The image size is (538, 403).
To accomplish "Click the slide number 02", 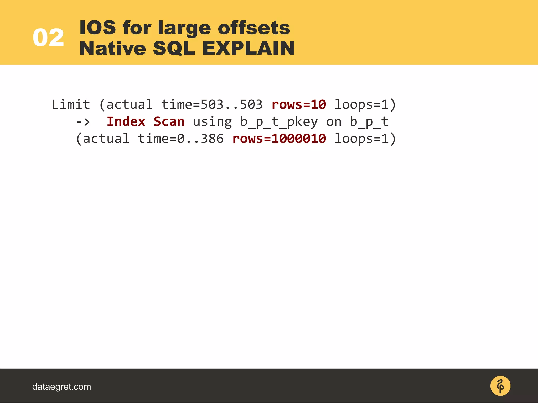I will click(48, 38).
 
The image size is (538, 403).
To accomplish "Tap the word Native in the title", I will click(112, 48).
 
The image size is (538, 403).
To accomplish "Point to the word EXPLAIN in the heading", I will click(248, 48).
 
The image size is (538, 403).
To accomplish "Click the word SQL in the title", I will click(174, 49).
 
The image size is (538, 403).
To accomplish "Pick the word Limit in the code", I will click(71, 104).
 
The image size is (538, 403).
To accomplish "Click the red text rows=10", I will click(299, 104).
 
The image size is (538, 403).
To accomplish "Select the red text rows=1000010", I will click(279, 139).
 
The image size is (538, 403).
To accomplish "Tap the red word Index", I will click(126, 121).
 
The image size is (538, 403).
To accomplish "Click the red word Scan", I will click(169, 121).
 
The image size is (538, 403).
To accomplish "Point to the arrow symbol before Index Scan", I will click(83, 122).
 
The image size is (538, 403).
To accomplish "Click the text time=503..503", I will click(212, 104).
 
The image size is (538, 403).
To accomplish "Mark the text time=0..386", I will click(181, 139).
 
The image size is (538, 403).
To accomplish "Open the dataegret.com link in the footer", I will click(61, 386).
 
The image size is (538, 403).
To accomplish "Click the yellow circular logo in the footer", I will click(500, 386).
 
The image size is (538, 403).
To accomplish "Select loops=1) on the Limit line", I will click(365, 104).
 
